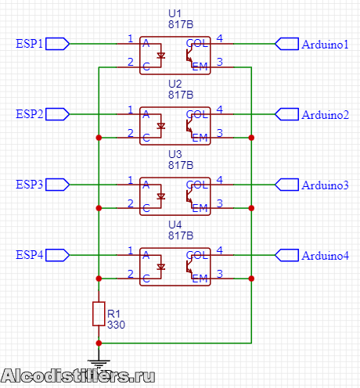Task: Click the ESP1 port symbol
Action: tap(57, 44)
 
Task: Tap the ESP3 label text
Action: tap(29, 185)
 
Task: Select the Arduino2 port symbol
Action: tap(286, 114)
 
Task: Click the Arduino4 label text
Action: tap(325, 256)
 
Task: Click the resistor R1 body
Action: tap(99, 314)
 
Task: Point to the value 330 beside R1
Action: tap(116, 325)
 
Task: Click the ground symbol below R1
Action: tap(99, 363)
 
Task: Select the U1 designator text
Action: tap(175, 13)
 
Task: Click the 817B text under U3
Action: tap(181, 165)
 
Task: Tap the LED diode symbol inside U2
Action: tap(161, 126)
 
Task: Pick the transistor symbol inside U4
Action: tap(189, 267)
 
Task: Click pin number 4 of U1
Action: tap(220, 38)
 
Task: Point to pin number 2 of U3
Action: tap(131, 203)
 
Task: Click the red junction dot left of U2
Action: tap(99, 138)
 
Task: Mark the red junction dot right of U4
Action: tap(251, 278)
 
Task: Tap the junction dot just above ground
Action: tap(99, 343)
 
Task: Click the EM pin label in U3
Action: tap(200, 208)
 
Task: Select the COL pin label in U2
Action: tap(197, 114)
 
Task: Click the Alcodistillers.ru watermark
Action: tap(77, 376)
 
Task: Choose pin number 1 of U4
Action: tap(131, 250)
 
